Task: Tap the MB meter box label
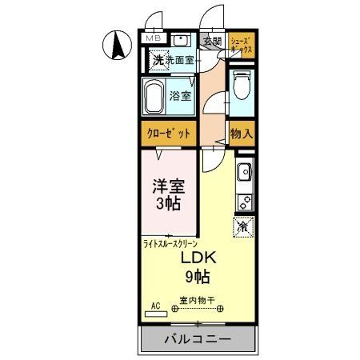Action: click(151, 38)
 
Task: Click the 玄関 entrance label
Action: click(211, 42)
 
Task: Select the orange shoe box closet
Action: click(242, 46)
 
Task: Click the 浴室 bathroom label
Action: click(180, 97)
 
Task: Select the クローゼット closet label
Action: click(168, 134)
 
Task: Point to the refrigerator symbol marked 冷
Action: click(243, 226)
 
